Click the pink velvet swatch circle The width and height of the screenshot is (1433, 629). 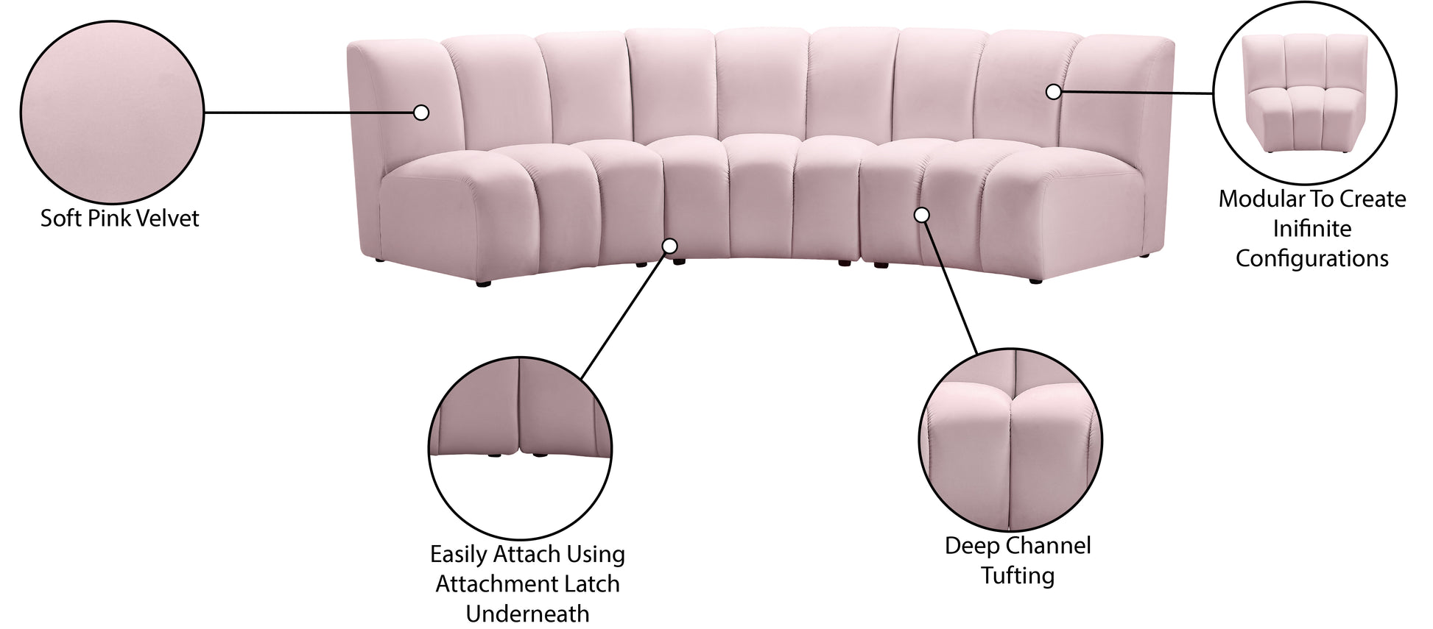(x=112, y=113)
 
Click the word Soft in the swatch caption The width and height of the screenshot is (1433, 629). (x=59, y=218)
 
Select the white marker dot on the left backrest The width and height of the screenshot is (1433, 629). (x=421, y=113)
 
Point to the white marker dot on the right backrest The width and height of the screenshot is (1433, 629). (x=1054, y=92)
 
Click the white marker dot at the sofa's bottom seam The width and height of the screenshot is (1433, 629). (x=670, y=246)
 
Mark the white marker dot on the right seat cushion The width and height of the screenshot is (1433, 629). (x=921, y=215)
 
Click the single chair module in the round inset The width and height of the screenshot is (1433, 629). (x=1303, y=93)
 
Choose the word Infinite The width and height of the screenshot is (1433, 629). (x=1312, y=229)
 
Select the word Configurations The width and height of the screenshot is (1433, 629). (x=1312, y=259)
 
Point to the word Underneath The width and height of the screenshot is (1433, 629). (x=527, y=614)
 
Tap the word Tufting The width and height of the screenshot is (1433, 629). (x=1018, y=576)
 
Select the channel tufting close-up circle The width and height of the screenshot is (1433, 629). (x=1010, y=440)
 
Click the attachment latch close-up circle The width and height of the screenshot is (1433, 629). (x=520, y=449)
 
